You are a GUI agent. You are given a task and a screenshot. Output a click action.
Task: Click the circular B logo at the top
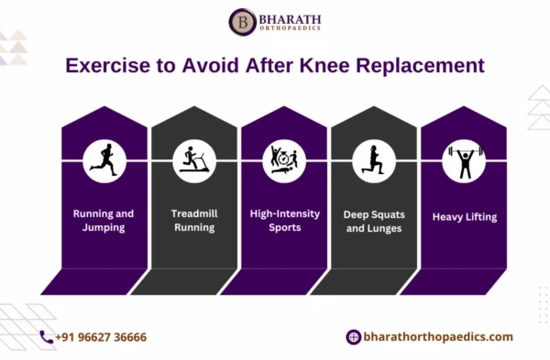pos(243,22)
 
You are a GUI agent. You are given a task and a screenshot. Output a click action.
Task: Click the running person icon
pos(104,159)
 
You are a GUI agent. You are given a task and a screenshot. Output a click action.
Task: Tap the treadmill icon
pos(193,159)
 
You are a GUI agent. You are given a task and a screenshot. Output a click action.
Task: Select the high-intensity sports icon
pos(283,159)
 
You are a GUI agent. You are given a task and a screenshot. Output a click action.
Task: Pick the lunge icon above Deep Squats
pos(372,159)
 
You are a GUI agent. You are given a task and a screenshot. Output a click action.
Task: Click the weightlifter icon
pos(462,159)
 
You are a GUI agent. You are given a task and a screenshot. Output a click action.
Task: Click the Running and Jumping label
pos(104,220)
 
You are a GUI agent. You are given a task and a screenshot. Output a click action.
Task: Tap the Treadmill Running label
pos(193,220)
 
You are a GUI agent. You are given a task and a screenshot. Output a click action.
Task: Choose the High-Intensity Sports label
pos(283,220)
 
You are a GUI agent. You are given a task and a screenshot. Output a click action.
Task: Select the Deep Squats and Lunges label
pos(372,220)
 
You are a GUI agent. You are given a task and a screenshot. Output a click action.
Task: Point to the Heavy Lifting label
pos(462,217)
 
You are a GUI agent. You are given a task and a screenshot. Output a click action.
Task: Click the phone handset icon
pos(46,337)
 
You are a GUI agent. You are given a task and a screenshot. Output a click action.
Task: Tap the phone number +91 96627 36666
pos(101,337)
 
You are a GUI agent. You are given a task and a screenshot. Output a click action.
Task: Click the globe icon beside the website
pos(353,337)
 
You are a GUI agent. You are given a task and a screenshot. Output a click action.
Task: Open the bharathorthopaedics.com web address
pos(438,337)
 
